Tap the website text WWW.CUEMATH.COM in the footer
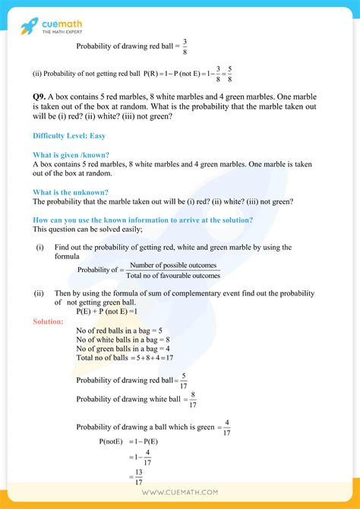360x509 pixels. tap(180, 493)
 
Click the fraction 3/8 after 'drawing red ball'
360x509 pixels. tap(184, 46)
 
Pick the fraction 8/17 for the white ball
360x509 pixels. tap(193, 399)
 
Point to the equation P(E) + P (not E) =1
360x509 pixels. tap(106, 311)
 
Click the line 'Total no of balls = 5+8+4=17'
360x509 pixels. tap(125, 357)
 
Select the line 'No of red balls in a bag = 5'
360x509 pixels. tap(120, 330)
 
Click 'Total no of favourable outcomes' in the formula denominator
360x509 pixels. tap(173, 275)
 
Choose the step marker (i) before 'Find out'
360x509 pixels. tap(39, 248)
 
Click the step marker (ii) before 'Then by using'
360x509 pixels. tap(39, 292)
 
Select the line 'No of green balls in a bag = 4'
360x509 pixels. tap(123, 349)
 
